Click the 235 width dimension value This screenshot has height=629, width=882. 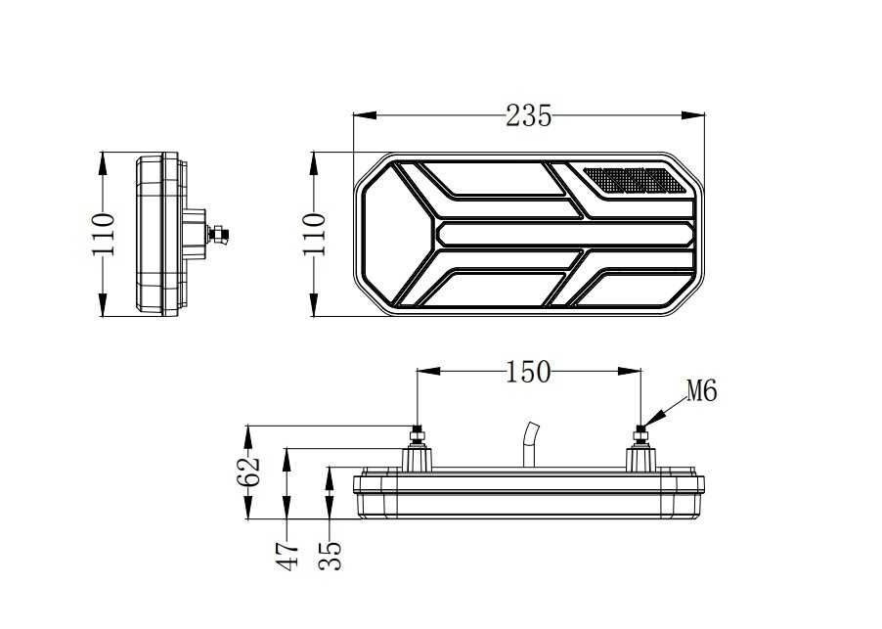[x=528, y=115]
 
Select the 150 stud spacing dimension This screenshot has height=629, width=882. [x=528, y=373]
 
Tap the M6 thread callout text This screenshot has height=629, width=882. [x=701, y=392]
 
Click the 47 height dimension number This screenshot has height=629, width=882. [x=287, y=556]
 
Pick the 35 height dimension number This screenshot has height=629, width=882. [x=331, y=556]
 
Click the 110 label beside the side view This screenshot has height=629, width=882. [x=104, y=234]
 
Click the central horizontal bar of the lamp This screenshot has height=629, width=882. [x=564, y=233]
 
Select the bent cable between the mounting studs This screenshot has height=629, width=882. [x=529, y=446]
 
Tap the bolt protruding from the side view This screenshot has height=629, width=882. [x=219, y=234]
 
